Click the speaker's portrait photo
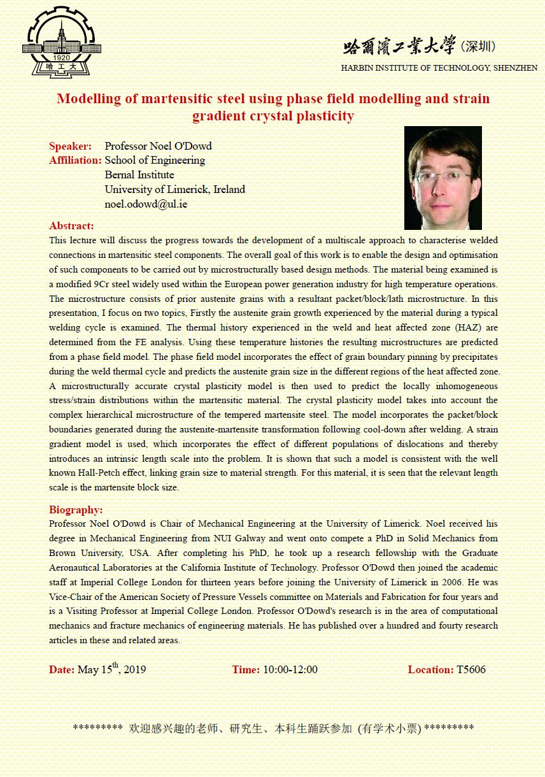[442, 178]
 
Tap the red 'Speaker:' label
[70, 146]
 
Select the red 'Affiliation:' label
[75, 160]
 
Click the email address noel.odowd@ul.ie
[146, 204]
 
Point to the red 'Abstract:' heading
[71, 226]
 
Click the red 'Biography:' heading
[76, 510]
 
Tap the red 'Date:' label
[62, 669]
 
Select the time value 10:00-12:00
[290, 669]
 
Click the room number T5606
[471, 669]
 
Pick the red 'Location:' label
[430, 669]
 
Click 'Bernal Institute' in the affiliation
[139, 175]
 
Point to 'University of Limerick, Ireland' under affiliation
[174, 190]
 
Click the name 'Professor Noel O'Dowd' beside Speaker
[158, 146]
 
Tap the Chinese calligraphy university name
[399, 46]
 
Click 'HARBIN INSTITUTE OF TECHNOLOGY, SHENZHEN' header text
[439, 68]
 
